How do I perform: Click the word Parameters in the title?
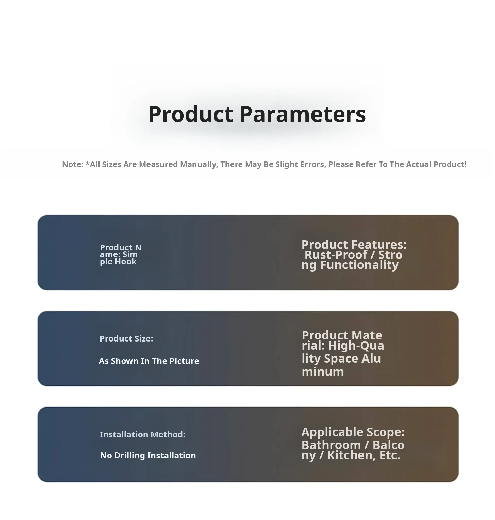tap(303, 114)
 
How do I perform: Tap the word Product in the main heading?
tap(191, 114)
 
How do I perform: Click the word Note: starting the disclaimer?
tap(73, 164)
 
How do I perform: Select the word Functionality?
tap(359, 265)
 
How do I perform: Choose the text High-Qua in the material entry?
tap(356, 345)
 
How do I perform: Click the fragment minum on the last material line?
tap(323, 372)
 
